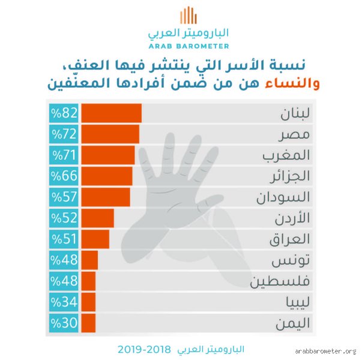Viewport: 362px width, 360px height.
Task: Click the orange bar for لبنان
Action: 111,113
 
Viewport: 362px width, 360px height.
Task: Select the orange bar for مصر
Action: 110,134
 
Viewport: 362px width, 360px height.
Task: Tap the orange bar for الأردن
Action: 97,218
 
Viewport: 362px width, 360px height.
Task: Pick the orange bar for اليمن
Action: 88,323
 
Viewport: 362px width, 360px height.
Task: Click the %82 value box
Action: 64,113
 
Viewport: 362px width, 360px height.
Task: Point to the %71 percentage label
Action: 64,155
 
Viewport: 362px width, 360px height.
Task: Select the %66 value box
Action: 64,176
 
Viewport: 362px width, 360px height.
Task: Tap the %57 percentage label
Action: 64,197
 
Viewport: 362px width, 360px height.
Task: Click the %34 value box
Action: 64,302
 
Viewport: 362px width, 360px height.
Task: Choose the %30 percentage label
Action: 64,323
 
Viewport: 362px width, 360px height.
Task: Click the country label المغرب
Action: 286,155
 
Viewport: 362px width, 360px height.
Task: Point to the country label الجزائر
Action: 290,176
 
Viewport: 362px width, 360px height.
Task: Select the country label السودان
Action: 283,197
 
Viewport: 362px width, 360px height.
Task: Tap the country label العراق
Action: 289,239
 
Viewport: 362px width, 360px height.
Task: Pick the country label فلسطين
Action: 280,281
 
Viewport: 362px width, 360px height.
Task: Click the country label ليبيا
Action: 298,302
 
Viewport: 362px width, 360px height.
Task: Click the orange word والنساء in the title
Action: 292,83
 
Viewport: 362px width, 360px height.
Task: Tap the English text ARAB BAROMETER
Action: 189,46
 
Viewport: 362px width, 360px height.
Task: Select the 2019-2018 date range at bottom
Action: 144,350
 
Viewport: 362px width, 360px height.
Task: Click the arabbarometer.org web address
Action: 325,351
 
